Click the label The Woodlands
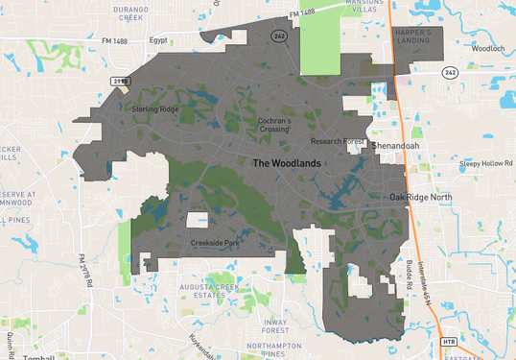click(x=286, y=163)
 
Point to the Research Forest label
click(x=342, y=142)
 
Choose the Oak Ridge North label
click(x=420, y=197)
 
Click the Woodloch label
click(x=489, y=47)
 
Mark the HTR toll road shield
click(x=448, y=341)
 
